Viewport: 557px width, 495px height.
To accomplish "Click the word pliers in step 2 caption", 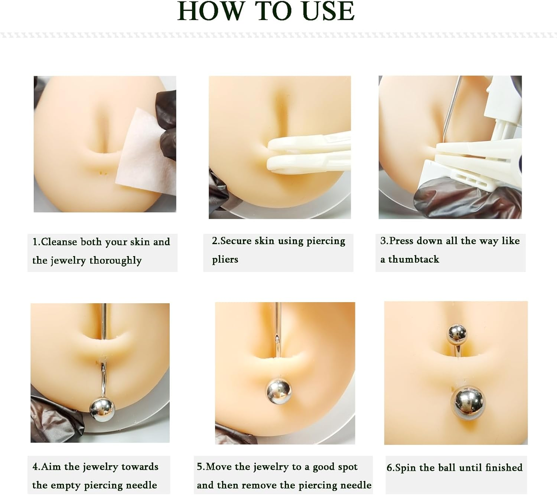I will (225, 259).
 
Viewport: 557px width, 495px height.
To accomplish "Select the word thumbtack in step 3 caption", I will (413, 259).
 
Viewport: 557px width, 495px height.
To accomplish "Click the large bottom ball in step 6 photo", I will (468, 403).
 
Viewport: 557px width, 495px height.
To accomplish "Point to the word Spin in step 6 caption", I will (405, 467).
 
